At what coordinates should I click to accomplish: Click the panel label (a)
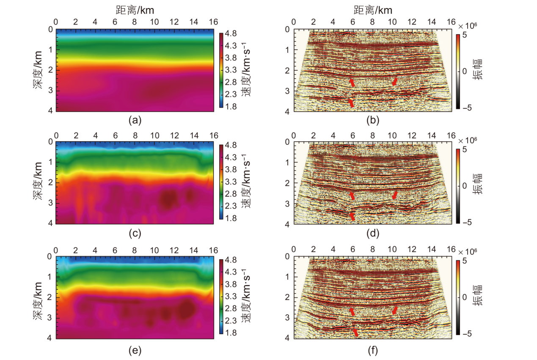(135, 121)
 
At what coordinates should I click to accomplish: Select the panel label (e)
(135, 350)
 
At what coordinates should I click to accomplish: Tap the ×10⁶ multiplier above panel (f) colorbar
(468, 249)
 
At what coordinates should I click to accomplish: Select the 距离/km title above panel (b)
(373, 9)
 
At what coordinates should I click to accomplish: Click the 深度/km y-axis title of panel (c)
(38, 182)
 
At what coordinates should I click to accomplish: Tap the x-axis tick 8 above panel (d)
(372, 135)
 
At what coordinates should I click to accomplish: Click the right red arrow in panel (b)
(395, 81)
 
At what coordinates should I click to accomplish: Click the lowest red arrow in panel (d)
(352, 216)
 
